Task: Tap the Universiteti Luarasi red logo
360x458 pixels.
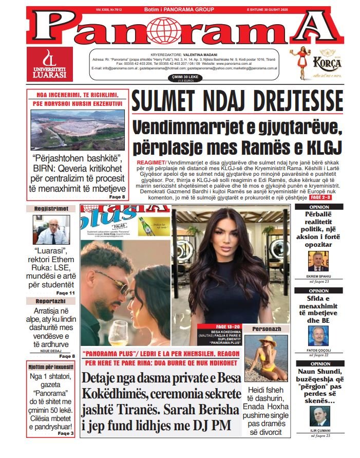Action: pos(49,64)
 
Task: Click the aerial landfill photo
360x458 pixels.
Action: pos(77,129)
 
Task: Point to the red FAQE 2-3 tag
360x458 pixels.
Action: pos(321,197)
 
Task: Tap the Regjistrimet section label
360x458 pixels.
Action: pos(51,209)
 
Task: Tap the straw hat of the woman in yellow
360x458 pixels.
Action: pos(268,340)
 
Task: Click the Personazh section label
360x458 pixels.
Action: pos(266,328)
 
